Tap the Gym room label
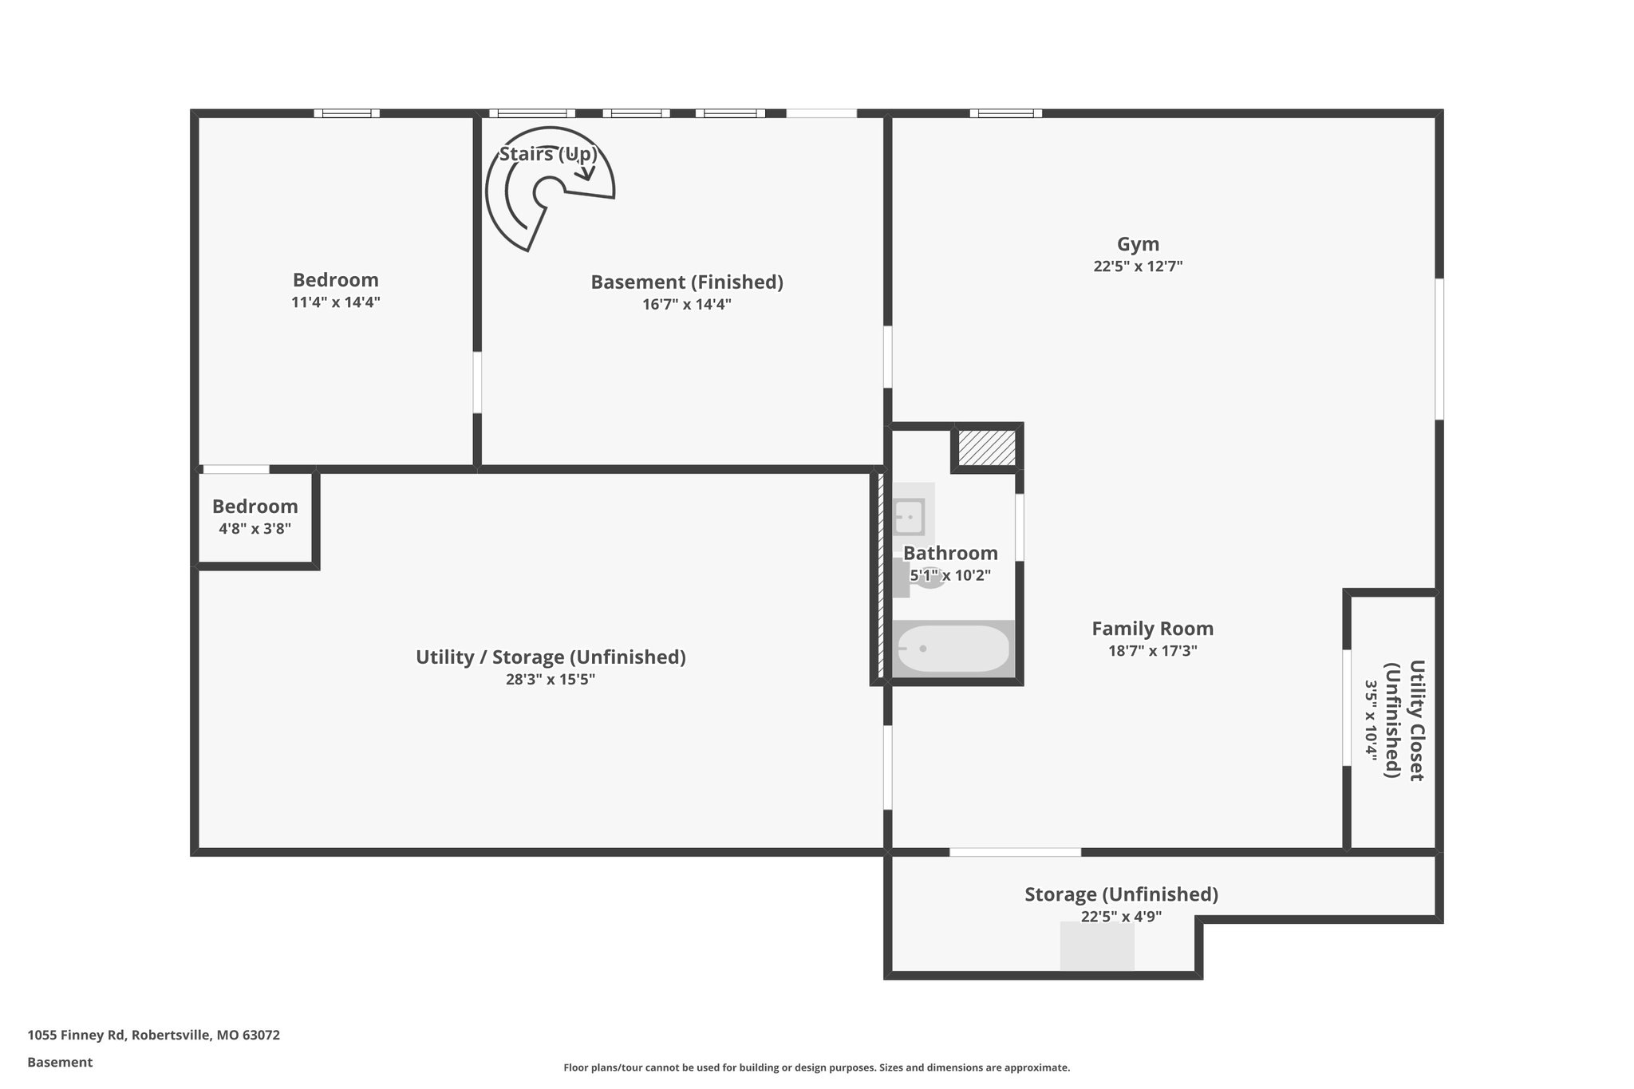[1138, 244]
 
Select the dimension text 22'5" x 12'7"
[1138, 266]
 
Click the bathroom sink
[909, 517]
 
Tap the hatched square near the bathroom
[987, 448]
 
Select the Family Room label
[1152, 629]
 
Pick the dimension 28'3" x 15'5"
[551, 680]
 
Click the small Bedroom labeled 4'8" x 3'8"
[255, 507]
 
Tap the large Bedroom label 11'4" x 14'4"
[335, 280]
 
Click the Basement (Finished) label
[686, 282]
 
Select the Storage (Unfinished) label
[1121, 894]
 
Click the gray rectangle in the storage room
[1097, 946]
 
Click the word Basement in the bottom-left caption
[60, 1062]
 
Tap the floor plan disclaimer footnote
[816, 1067]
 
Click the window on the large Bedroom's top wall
[346, 113]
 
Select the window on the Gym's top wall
[1005, 113]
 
